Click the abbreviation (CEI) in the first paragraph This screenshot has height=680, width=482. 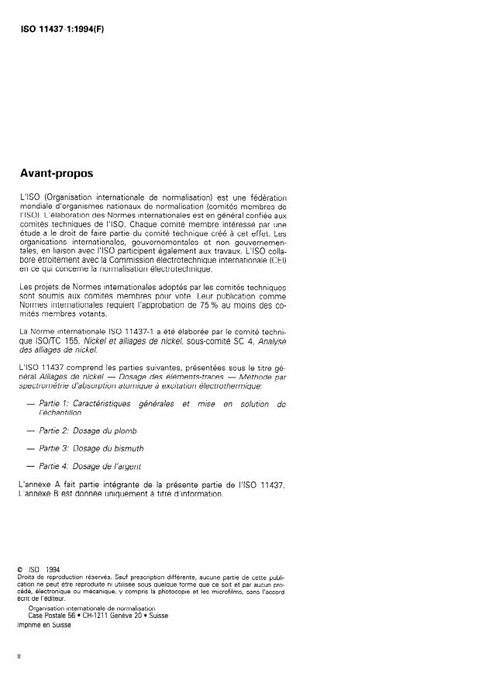pyautogui.click(x=275, y=261)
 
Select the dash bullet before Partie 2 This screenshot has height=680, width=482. pyautogui.click(x=30, y=429)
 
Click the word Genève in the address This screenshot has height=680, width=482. pyautogui.click(x=132, y=616)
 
